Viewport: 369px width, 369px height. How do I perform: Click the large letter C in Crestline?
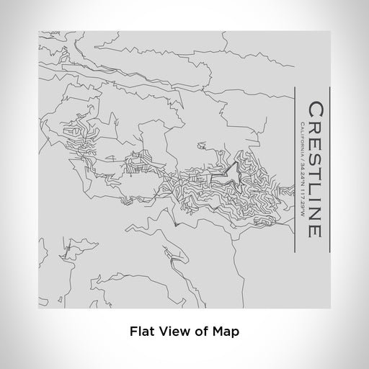(316, 112)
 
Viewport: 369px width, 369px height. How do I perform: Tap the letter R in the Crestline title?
(316, 129)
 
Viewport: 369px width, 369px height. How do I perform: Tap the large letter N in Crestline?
(316, 211)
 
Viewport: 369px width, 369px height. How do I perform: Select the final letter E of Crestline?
(316, 228)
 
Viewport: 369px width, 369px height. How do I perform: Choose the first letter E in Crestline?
(316, 144)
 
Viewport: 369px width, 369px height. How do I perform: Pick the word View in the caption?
(171, 332)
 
